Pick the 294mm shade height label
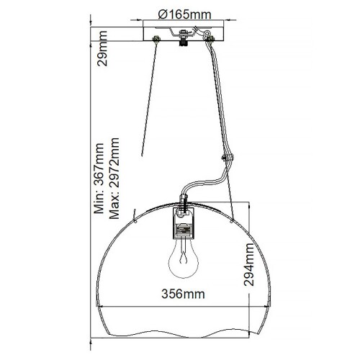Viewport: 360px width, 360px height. pos(249,265)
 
